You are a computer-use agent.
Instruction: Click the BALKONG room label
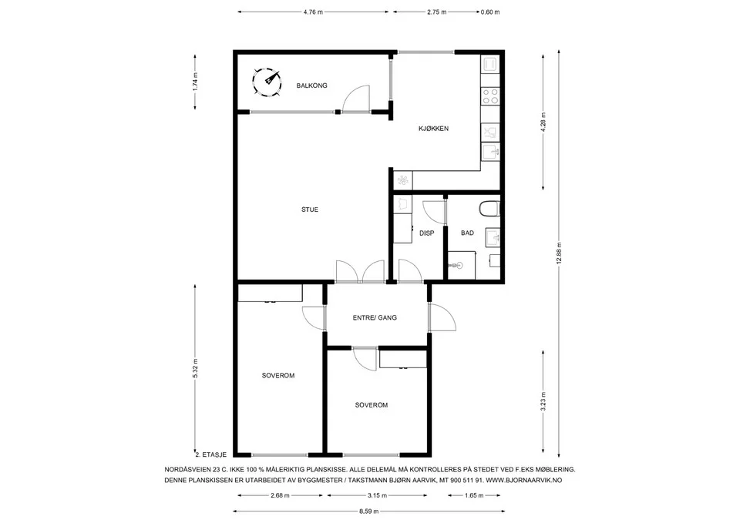point(311,85)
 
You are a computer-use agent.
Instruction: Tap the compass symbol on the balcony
point(267,83)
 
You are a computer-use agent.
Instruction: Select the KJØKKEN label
point(433,129)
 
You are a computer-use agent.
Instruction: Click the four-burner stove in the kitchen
point(490,96)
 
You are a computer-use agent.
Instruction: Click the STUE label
point(310,210)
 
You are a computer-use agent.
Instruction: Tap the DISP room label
point(426,233)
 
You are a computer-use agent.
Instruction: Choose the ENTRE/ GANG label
point(375,318)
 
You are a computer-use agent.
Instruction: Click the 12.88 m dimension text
point(560,253)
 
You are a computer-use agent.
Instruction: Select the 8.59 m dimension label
point(369,511)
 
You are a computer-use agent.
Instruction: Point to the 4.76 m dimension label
point(313,12)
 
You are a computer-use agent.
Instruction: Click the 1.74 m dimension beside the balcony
point(195,82)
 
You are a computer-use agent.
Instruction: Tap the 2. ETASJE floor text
point(211,454)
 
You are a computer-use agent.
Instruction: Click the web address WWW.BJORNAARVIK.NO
point(524,481)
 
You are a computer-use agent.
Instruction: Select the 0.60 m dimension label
point(490,12)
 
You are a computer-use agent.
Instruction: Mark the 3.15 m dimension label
point(377,495)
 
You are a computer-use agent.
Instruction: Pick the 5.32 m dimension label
point(195,368)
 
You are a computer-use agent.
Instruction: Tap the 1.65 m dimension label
point(474,495)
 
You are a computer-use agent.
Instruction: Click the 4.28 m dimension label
point(543,122)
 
